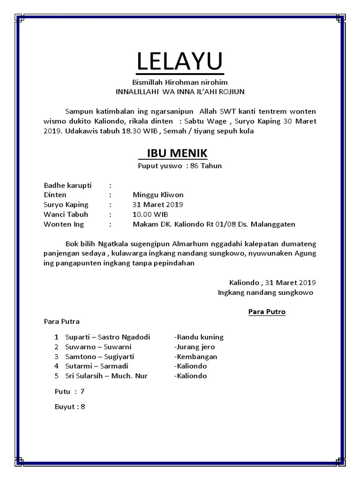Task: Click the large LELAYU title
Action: (180, 61)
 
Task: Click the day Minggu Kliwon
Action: (158, 195)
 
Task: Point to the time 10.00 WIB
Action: (150, 214)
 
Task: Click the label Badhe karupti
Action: (67, 185)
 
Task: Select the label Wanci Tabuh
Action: (66, 214)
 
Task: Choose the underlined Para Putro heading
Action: (267, 311)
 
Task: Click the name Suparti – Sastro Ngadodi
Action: (107, 337)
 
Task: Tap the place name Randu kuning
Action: (199, 337)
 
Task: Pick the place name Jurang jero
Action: (195, 347)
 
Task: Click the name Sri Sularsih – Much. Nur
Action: (107, 376)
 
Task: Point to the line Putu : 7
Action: (69, 391)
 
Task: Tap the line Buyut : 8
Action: (70, 406)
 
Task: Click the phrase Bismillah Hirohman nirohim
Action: (180, 83)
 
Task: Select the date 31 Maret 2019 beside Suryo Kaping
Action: (158, 204)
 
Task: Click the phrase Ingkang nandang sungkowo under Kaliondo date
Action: (265, 292)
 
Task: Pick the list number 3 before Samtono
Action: (56, 357)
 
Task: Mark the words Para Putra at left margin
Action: (61, 322)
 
